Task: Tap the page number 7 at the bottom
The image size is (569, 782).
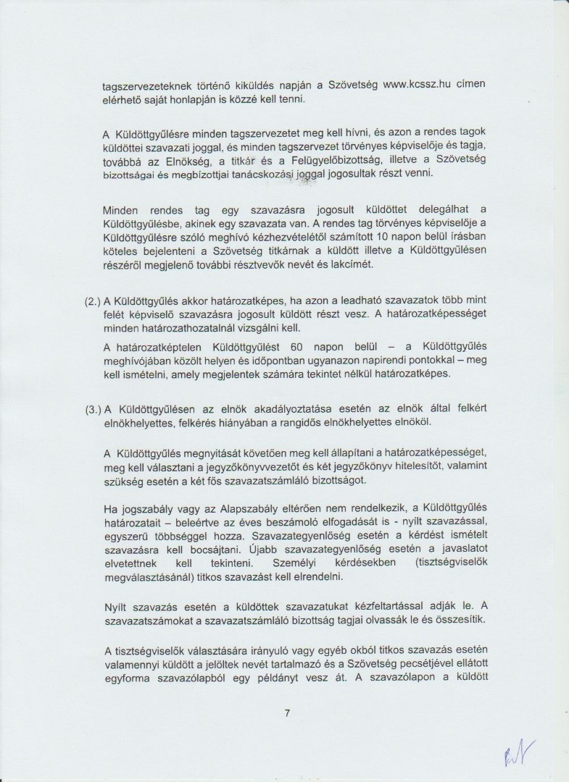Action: click(x=287, y=713)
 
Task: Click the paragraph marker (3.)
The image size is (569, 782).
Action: click(x=94, y=409)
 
